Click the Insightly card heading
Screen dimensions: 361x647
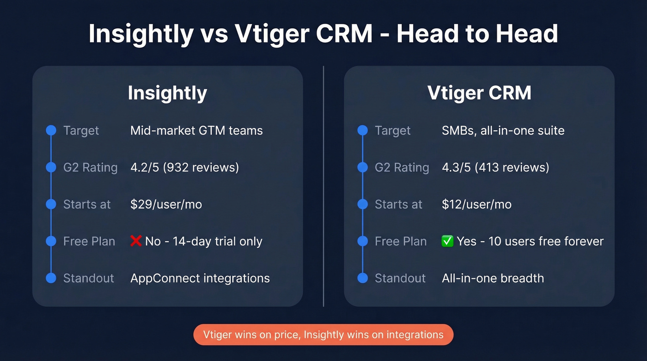click(x=167, y=93)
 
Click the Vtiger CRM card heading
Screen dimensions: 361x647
click(x=479, y=93)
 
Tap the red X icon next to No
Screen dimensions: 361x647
click(x=136, y=241)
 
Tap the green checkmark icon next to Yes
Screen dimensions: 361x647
click(x=447, y=241)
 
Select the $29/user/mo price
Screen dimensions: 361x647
click(x=166, y=204)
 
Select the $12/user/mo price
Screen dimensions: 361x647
click(x=476, y=204)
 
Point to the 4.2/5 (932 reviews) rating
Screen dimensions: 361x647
click(x=184, y=167)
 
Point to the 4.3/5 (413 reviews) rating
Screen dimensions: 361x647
click(x=495, y=167)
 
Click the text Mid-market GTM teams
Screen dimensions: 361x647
click(x=196, y=130)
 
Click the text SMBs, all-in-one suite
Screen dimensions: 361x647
click(x=503, y=130)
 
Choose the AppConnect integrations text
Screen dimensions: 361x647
click(x=200, y=278)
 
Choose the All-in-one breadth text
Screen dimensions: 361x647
click(x=493, y=278)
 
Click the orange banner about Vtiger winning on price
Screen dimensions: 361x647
click(x=323, y=335)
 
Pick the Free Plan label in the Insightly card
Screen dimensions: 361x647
click(x=89, y=241)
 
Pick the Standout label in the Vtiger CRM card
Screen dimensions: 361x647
click(x=400, y=278)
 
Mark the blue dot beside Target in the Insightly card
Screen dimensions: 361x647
click(x=51, y=130)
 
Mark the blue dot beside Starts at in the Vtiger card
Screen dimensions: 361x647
click(x=363, y=204)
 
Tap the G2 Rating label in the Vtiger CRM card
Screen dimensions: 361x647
click(x=402, y=167)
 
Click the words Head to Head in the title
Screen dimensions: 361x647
click(x=477, y=34)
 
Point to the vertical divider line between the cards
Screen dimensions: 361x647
click(x=323, y=185)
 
